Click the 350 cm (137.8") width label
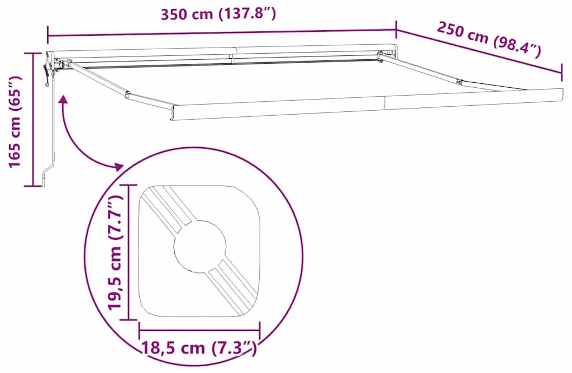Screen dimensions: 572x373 pos(218,14)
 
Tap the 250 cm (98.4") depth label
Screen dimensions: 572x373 pos(489,40)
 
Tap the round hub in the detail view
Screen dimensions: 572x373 pos(199,246)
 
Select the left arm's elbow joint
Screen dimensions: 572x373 pos(127,95)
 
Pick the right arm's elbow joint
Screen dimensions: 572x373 pos(460,82)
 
